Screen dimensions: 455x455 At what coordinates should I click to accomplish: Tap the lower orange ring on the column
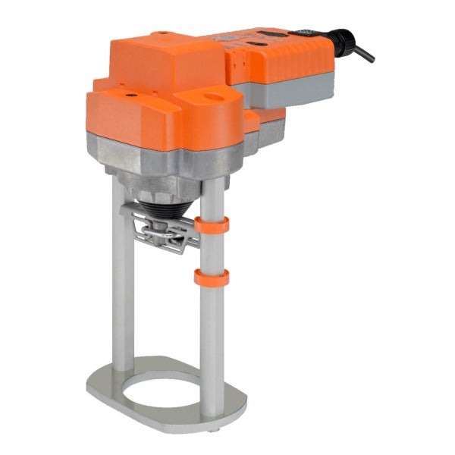pos(212,277)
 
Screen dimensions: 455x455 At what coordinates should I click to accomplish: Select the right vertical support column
pos(212,326)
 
